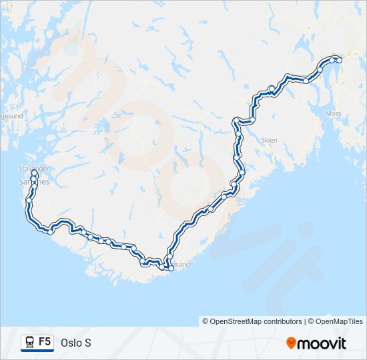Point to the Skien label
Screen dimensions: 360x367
(270, 141)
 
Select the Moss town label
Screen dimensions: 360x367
(333, 114)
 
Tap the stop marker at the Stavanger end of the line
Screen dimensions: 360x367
(33, 172)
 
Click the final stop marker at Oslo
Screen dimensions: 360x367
(338, 60)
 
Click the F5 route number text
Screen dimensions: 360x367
(45, 341)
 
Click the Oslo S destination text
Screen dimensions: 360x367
(75, 343)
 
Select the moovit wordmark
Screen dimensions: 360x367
(322, 343)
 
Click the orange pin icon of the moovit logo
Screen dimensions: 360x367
(292, 343)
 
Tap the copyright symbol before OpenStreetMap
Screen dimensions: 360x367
(206, 321)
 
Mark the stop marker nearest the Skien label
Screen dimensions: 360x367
(241, 171)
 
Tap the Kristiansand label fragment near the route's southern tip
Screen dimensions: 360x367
(180, 264)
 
